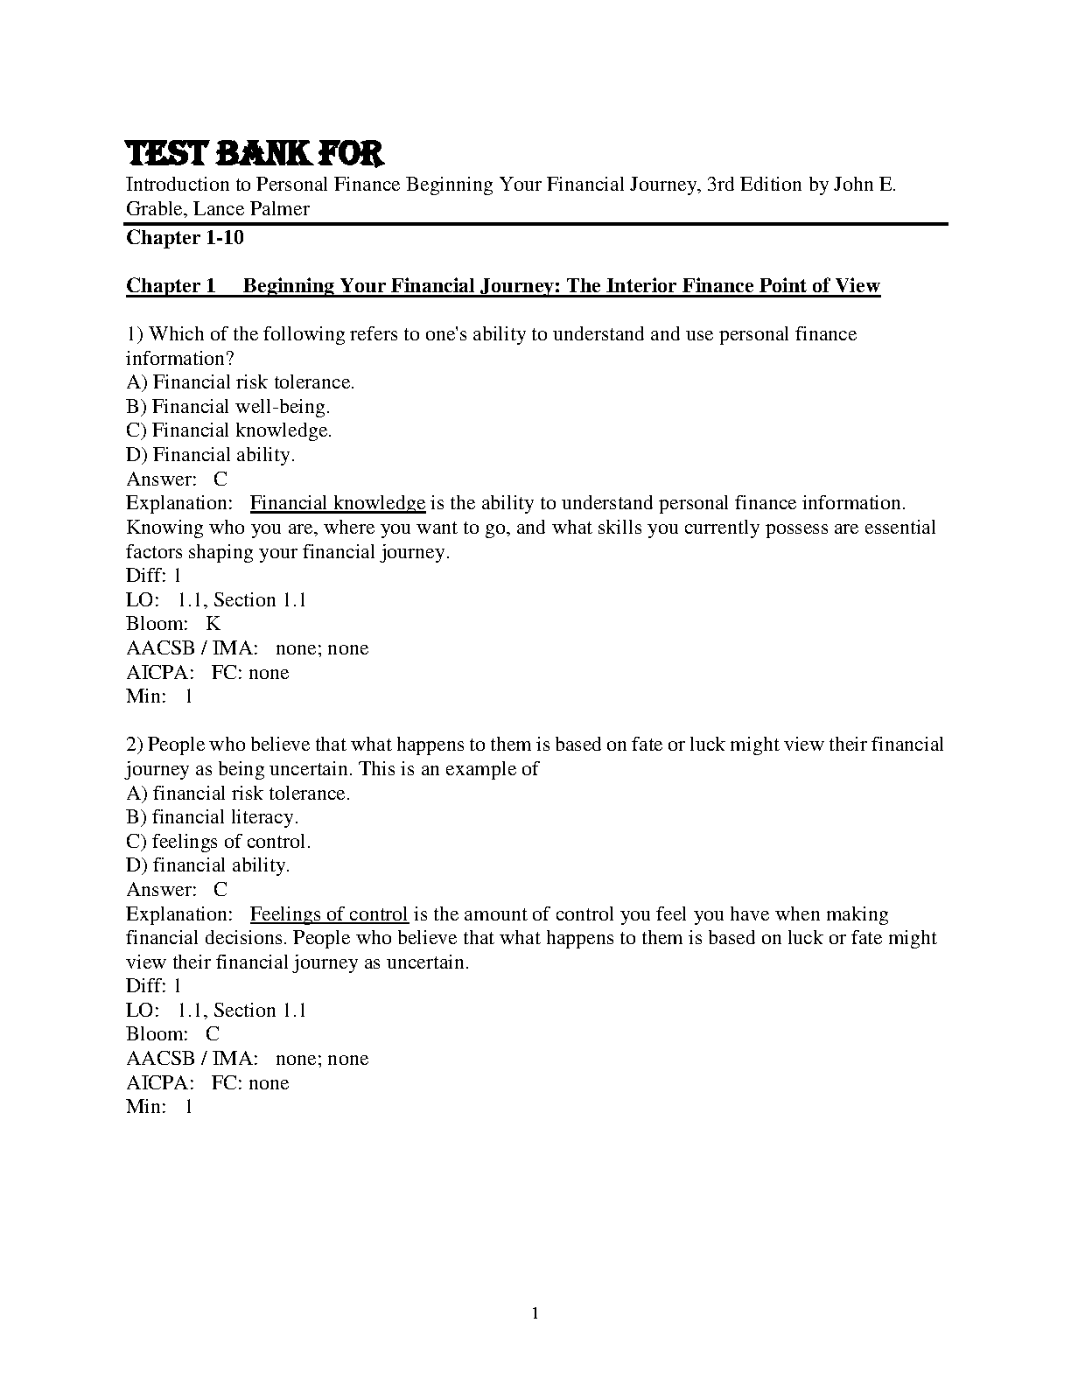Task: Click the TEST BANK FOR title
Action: pyautogui.click(x=255, y=154)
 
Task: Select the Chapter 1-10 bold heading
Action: pyautogui.click(x=185, y=238)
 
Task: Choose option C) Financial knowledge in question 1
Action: pyautogui.click(x=229, y=430)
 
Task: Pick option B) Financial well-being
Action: pyautogui.click(x=228, y=407)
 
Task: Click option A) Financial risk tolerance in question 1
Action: pyautogui.click(x=241, y=382)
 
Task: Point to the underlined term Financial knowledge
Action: pyautogui.click(x=338, y=503)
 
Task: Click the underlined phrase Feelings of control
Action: pyautogui.click(x=329, y=914)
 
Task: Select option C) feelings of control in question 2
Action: pyautogui.click(x=219, y=842)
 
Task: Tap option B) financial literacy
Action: pyautogui.click(x=213, y=817)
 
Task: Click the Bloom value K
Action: pyautogui.click(x=213, y=624)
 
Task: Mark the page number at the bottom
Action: pyautogui.click(x=535, y=1312)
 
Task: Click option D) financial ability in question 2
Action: pyautogui.click(x=208, y=865)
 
